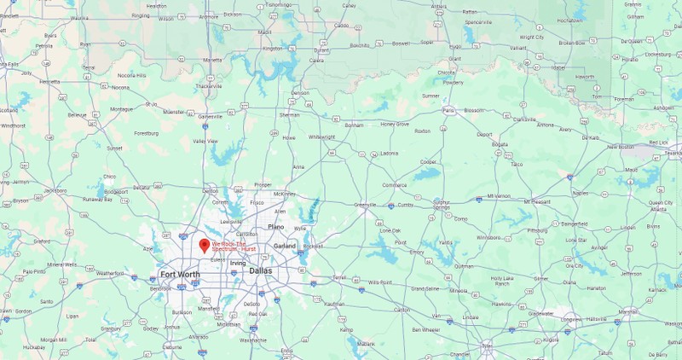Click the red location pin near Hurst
tap(204, 245)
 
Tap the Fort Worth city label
tap(180, 274)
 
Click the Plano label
tap(275, 227)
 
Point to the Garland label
tap(285, 246)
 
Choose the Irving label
tap(237, 263)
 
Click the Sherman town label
tap(290, 114)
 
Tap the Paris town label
tap(448, 110)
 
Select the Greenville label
tap(366, 205)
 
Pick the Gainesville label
tap(210, 116)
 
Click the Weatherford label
tap(110, 273)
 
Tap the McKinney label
tap(284, 194)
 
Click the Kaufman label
tap(335, 304)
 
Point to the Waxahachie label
tap(252, 340)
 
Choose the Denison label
tap(300, 92)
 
